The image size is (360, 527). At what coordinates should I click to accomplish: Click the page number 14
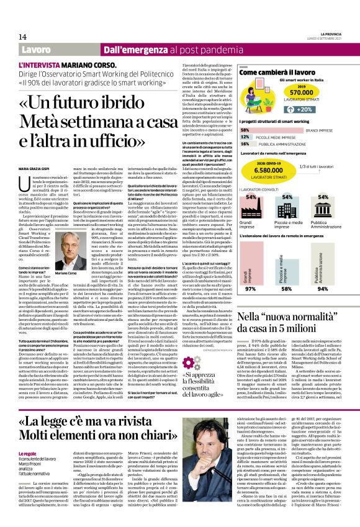pyautogui.click(x=22, y=37)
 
